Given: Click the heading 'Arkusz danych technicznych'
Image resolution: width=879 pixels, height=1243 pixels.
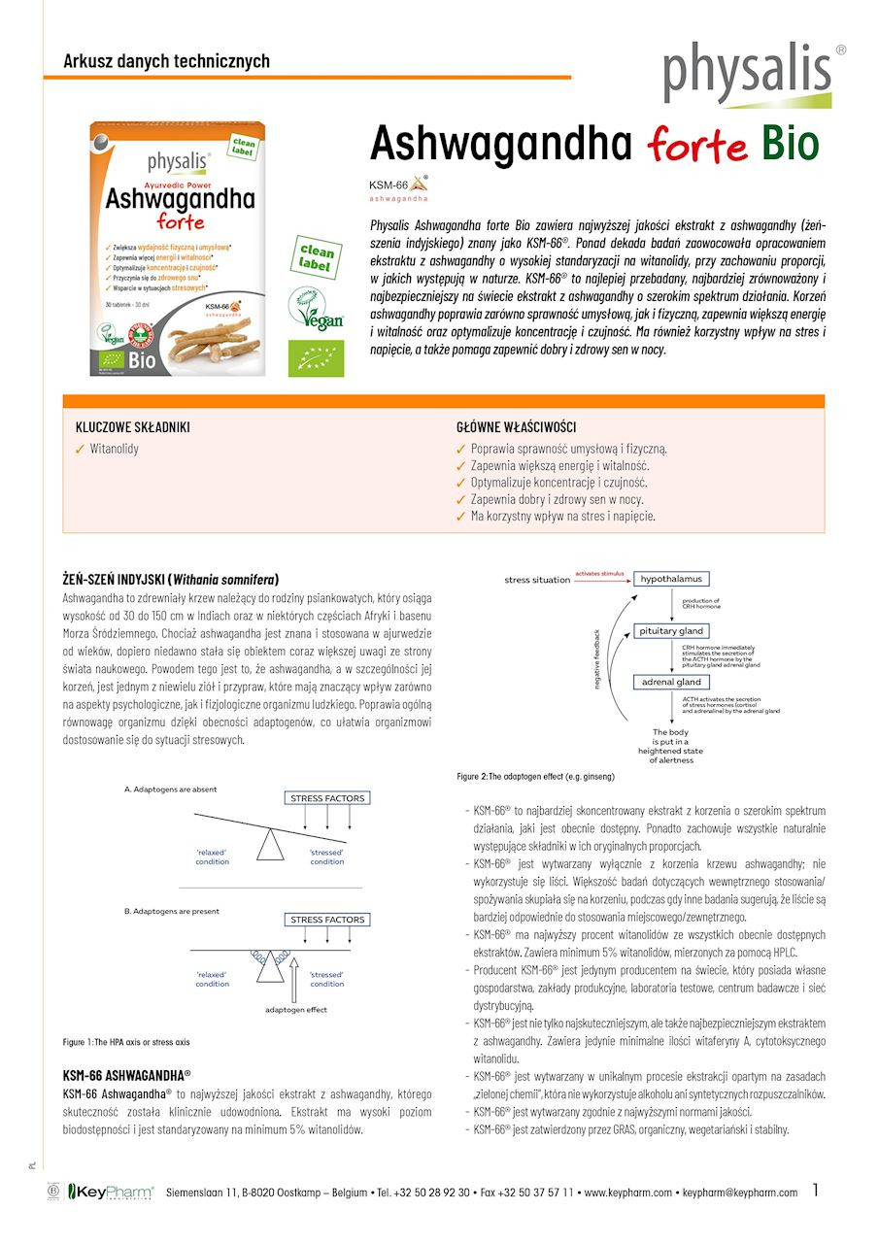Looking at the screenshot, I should click(166, 61).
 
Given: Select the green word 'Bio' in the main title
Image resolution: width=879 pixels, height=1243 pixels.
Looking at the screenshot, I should click(790, 143).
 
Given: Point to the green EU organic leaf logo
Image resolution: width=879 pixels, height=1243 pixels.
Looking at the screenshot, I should click(316, 357).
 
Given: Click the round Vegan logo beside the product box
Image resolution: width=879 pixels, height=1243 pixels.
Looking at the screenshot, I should click(316, 308).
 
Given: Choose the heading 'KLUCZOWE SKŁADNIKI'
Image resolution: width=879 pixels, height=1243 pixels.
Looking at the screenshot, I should click(133, 427).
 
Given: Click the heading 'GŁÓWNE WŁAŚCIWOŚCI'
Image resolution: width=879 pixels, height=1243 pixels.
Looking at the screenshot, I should click(517, 427).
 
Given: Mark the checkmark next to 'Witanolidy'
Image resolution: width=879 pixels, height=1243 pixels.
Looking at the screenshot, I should click(81, 449).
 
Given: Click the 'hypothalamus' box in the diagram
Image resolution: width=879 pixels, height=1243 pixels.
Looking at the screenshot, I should click(670, 579).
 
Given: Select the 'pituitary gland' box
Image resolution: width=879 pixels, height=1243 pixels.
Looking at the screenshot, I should click(670, 631).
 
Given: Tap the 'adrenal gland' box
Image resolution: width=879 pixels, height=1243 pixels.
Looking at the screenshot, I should click(670, 682).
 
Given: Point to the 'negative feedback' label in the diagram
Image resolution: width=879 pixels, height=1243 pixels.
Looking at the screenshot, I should click(597, 660).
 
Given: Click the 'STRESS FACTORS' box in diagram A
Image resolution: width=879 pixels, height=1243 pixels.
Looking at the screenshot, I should click(327, 798).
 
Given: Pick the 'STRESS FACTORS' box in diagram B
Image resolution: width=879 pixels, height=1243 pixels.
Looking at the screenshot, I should click(327, 919).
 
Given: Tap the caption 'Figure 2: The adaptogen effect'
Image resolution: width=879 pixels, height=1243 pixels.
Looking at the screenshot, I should click(535, 777).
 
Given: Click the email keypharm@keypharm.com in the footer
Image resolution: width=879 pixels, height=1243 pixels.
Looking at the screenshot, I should click(740, 1192).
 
